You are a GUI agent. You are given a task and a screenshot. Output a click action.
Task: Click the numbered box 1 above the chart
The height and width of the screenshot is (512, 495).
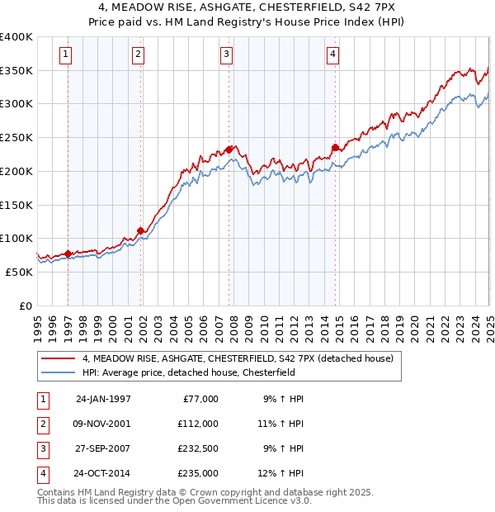click(65, 55)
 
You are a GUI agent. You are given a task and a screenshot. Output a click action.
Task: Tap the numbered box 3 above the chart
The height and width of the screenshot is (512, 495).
click(226, 55)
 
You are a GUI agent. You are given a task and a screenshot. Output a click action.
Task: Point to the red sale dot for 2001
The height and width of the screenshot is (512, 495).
click(140, 230)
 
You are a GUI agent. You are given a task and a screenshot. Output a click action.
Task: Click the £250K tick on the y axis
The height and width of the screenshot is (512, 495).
click(16, 137)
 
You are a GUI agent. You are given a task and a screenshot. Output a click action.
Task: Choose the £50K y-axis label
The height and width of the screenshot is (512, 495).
click(20, 272)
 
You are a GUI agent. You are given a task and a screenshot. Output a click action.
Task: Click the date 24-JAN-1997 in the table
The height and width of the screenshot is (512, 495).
click(103, 399)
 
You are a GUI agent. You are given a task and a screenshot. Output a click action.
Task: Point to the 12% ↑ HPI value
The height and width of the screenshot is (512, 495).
click(281, 473)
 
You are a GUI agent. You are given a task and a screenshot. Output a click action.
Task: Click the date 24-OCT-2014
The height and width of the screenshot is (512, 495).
click(103, 473)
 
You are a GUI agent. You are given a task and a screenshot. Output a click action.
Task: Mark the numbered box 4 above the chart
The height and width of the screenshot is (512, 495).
click(332, 55)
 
